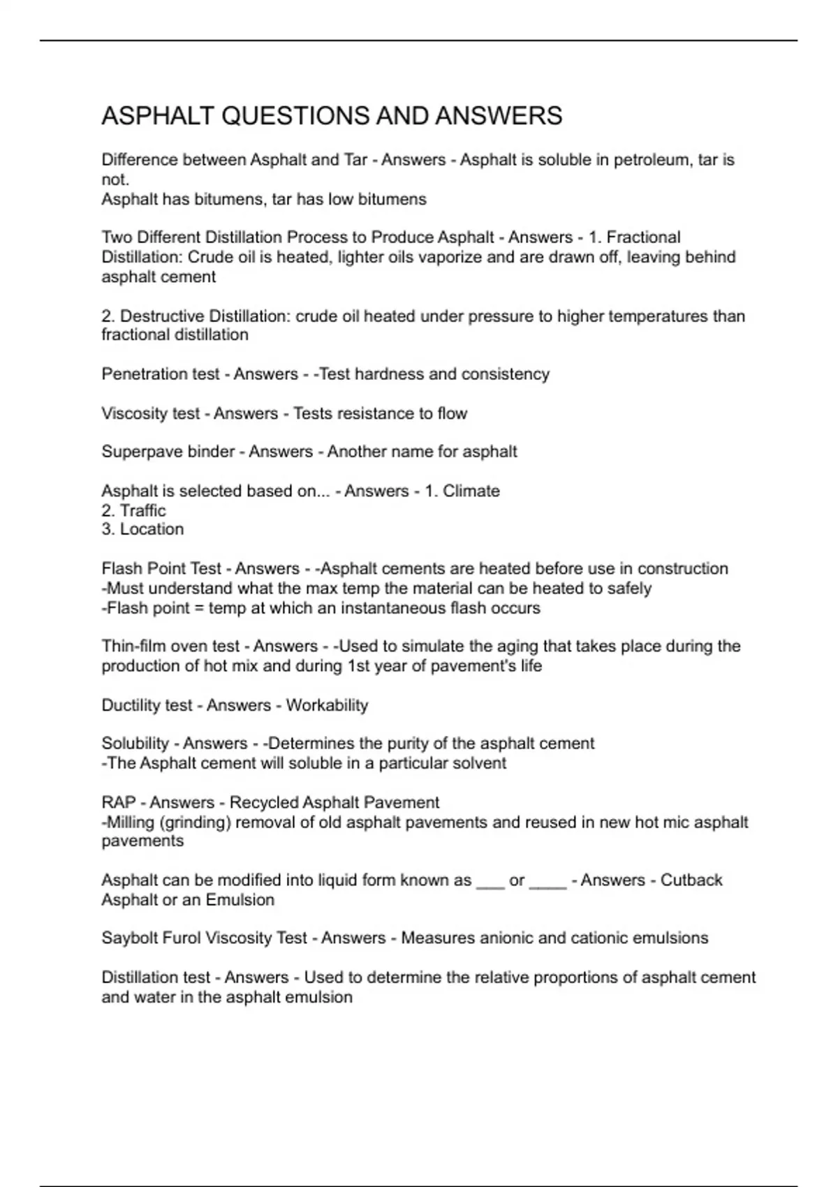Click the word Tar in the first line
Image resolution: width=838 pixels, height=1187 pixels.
coord(355,160)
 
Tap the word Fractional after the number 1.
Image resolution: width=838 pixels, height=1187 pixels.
coord(643,237)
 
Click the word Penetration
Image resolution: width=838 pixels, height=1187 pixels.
coord(135,374)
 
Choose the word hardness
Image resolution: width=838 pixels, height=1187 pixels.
coord(388,374)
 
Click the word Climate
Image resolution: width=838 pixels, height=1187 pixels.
coord(471,491)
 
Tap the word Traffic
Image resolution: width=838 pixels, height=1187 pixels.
coord(142,510)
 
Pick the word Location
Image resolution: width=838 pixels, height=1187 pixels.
coord(152,529)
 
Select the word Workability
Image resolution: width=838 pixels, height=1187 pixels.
coord(327,705)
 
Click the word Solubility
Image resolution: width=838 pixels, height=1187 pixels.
coord(135,744)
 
